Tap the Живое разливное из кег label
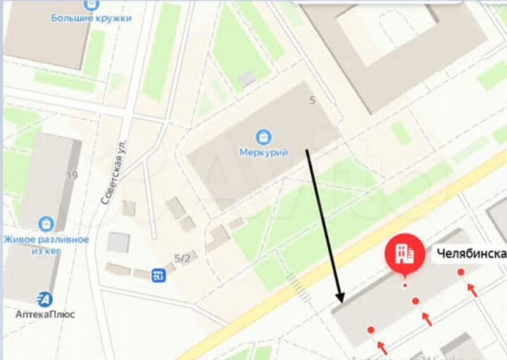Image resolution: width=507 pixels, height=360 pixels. (46, 244)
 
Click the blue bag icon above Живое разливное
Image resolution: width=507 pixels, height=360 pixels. (46, 223)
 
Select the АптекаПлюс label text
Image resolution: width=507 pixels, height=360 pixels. (46, 314)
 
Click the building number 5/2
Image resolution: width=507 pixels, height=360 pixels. (182, 259)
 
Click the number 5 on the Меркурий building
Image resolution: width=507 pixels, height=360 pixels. (311, 101)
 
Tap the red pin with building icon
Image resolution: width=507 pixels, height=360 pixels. (404, 256)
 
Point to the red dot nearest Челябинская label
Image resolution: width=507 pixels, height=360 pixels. (461, 272)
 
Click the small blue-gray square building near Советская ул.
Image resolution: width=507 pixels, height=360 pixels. (118, 242)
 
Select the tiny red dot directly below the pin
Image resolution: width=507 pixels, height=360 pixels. (404, 286)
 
